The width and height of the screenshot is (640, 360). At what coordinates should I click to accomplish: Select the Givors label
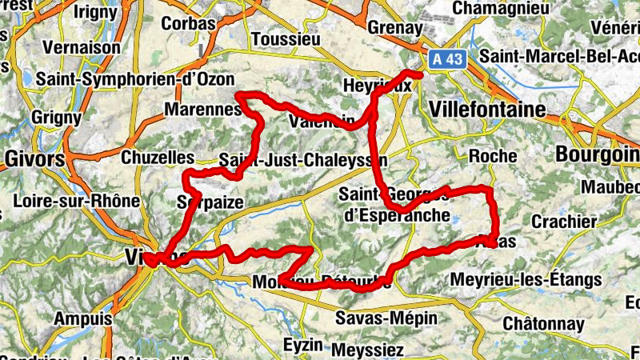point(34,158)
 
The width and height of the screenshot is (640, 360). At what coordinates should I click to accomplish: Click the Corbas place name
point(189,23)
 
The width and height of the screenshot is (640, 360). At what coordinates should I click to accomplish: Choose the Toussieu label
point(286,39)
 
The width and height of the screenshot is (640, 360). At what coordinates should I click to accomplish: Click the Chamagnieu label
point(522,7)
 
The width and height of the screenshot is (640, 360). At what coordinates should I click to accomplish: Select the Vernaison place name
point(82,47)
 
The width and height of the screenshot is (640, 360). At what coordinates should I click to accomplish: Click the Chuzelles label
point(158,158)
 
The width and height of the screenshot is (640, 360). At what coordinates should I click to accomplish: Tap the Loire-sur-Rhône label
point(77,201)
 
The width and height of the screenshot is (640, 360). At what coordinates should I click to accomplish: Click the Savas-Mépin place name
point(386,318)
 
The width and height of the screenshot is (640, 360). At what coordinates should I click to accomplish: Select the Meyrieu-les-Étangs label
point(526,279)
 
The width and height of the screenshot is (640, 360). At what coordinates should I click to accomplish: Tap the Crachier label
point(565,221)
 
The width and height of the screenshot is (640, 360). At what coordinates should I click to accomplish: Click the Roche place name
point(493,156)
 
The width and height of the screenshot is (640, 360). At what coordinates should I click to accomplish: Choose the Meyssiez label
point(369,350)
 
